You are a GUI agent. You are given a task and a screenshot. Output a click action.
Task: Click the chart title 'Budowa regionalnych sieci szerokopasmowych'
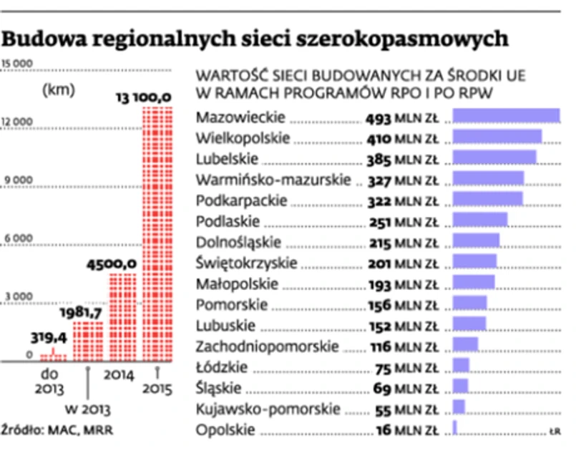click(255, 38)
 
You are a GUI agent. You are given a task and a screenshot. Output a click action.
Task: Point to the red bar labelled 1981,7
click(87, 341)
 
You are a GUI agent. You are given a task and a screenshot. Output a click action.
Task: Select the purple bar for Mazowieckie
click(506, 117)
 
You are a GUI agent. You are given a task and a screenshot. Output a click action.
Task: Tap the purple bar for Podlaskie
click(480, 220)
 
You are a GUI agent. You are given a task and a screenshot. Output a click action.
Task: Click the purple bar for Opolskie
click(454, 427)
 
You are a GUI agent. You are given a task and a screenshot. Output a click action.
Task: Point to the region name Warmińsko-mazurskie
click(273, 179)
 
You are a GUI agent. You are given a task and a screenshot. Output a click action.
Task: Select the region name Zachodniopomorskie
click(267, 346)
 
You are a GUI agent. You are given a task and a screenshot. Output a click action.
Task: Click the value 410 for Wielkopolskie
click(379, 138)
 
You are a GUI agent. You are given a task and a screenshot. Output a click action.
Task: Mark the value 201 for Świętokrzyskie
click(379, 263)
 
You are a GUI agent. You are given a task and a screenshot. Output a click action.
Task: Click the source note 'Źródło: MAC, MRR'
click(58, 430)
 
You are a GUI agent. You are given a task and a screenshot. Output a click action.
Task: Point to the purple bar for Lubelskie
click(494, 158)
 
